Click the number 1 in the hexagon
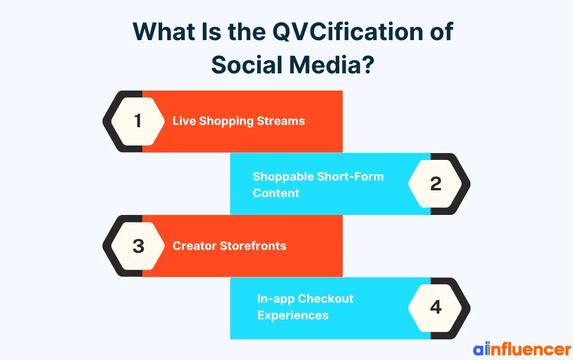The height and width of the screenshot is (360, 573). (x=138, y=121)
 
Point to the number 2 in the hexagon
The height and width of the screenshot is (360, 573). (x=435, y=183)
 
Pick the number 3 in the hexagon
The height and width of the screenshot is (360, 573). (x=138, y=246)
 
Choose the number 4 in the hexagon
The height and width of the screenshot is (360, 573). (x=435, y=308)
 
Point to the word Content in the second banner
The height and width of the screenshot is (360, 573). (x=276, y=193)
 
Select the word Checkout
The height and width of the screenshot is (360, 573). (x=325, y=299)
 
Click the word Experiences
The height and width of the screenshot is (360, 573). (x=292, y=315)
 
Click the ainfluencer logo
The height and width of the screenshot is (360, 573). (x=521, y=349)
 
